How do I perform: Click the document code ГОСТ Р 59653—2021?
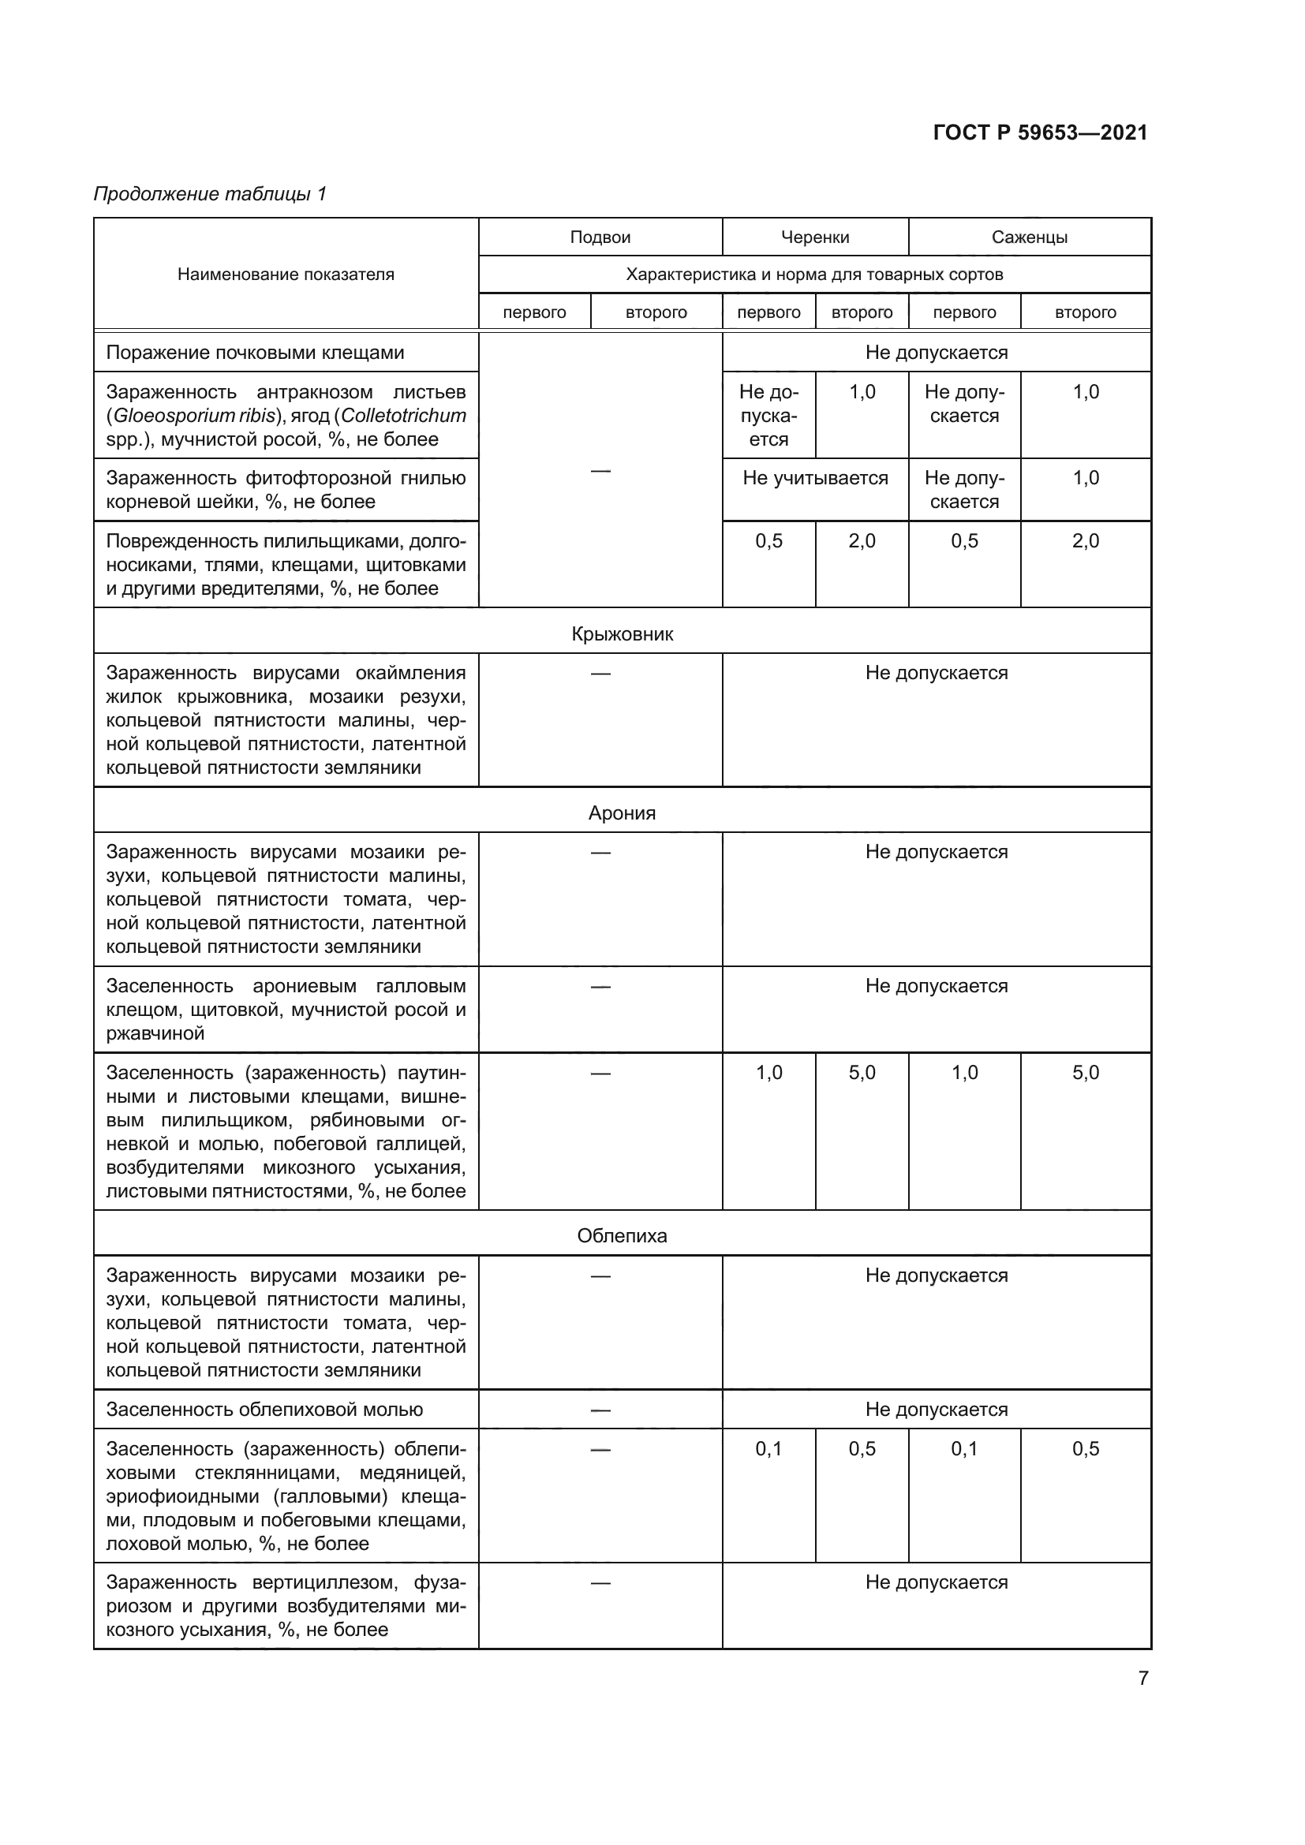click(x=1040, y=133)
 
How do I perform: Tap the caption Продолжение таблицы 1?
click(x=211, y=194)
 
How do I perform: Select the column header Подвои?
click(x=600, y=237)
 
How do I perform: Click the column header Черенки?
click(x=815, y=237)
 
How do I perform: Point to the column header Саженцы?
click(x=1029, y=237)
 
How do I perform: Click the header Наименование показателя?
click(x=286, y=274)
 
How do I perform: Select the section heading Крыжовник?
click(x=622, y=634)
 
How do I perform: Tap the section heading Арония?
click(x=622, y=812)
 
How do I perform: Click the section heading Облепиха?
click(x=622, y=1235)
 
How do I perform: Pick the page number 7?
click(x=1142, y=1678)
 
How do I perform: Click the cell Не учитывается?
click(x=815, y=478)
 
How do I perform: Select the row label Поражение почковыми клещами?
click(x=255, y=353)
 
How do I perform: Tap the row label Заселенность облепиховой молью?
click(x=264, y=1409)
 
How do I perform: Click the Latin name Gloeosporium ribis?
click(x=193, y=416)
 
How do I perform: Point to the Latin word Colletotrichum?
click(x=403, y=416)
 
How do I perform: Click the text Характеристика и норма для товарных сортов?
click(x=814, y=274)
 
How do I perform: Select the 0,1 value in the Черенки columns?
click(x=768, y=1449)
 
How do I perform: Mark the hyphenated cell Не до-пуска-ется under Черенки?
click(x=768, y=416)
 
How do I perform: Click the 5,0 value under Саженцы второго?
click(x=1085, y=1073)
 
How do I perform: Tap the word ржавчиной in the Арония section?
click(x=155, y=1033)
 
